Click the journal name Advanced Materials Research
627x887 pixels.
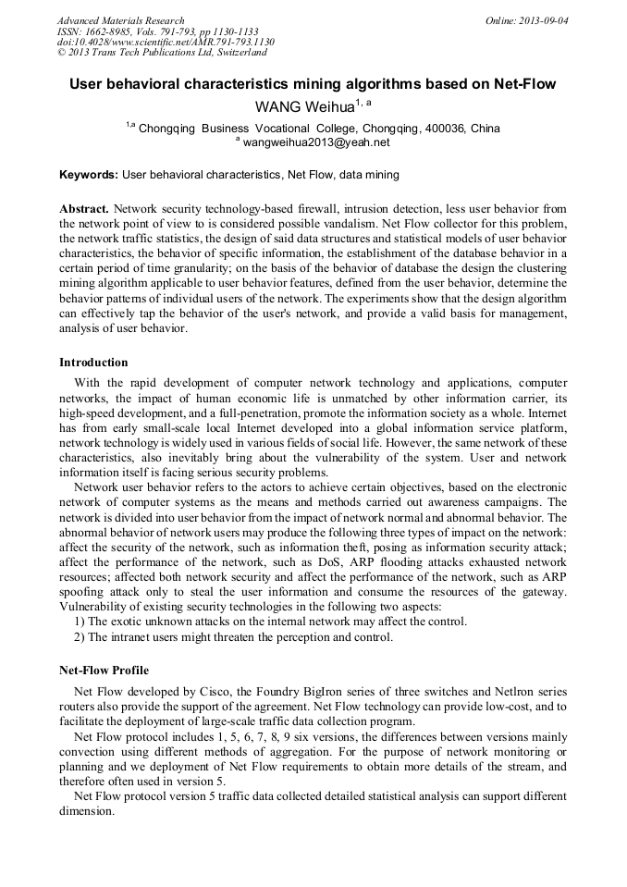point(120,20)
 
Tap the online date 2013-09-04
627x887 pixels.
point(542,20)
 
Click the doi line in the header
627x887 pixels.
point(166,43)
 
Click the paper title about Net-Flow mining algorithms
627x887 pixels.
point(313,84)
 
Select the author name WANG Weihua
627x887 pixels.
point(306,107)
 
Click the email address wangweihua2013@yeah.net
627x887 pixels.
point(316,142)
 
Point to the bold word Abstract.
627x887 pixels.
point(83,209)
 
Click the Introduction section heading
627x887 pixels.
point(93,362)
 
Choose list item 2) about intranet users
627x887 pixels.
point(233,636)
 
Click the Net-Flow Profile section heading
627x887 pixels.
point(104,670)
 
